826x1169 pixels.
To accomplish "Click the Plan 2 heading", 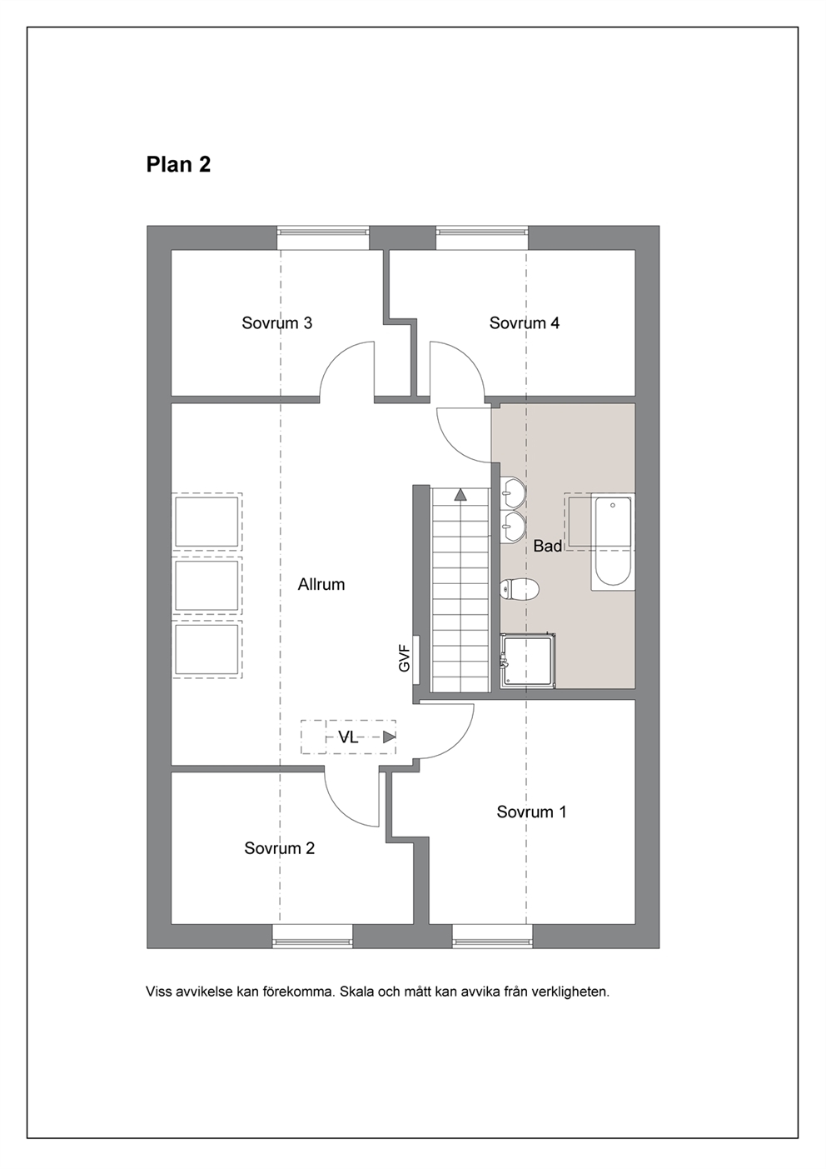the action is point(178,164).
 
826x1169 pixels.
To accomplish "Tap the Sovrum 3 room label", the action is point(277,323).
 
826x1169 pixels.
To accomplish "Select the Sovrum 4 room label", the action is point(524,323).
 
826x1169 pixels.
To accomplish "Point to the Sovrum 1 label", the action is point(531,812).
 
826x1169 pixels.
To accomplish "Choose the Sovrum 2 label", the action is point(280,848).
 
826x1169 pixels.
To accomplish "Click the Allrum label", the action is point(321,584).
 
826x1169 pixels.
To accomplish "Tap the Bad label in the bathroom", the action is point(548,546).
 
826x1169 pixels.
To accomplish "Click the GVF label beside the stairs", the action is point(405,658).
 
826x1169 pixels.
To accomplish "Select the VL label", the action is point(348,737).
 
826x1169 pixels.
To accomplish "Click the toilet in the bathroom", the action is point(519,590).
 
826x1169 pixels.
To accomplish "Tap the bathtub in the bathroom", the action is point(613,542).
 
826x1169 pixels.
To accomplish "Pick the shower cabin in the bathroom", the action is point(527,660).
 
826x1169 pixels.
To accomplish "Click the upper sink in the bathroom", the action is point(514,492).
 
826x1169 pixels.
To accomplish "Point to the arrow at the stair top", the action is point(460,494).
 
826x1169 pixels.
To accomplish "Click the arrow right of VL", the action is point(389,737).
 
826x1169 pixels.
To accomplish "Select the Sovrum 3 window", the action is point(323,238).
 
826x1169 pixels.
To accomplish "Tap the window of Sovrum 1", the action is point(492,936).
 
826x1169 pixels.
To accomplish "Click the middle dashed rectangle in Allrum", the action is point(207,585).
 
